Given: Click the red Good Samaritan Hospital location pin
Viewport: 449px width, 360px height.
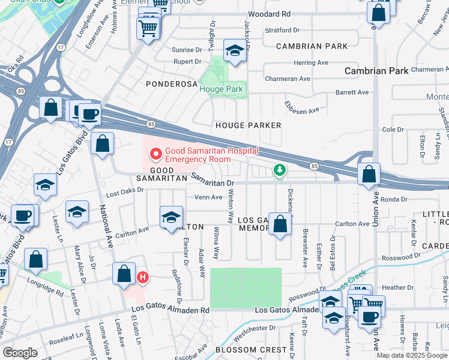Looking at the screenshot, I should coord(156,154).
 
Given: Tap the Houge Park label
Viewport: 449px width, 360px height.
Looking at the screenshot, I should coord(221,89).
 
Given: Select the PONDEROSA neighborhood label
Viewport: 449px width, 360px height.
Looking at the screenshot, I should coord(172,85).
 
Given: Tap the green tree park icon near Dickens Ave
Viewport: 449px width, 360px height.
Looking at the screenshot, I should coord(279,171).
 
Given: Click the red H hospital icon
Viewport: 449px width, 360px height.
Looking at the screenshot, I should coord(143,277).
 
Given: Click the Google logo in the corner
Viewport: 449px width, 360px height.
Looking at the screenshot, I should coord(20,353).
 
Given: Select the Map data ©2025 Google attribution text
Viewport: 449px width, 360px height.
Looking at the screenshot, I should coord(411,355).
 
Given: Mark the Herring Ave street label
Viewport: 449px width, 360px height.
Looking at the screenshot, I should coord(311,62).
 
